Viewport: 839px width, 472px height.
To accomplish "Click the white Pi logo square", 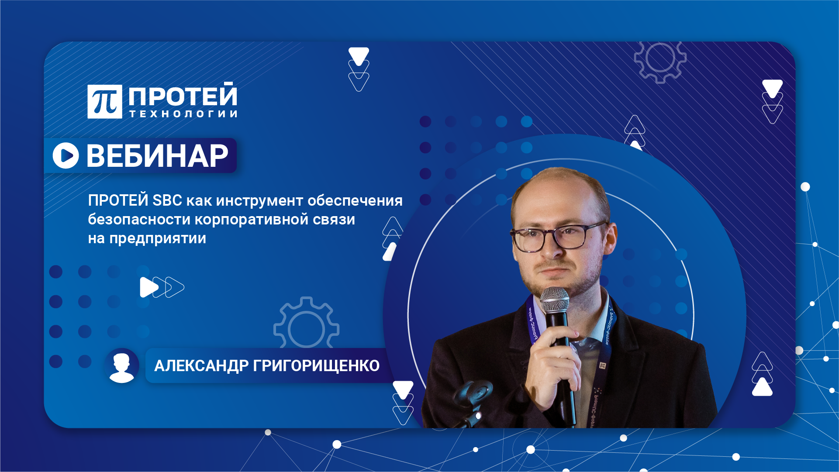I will [104, 101].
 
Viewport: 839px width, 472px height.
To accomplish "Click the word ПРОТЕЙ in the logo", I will [183, 96].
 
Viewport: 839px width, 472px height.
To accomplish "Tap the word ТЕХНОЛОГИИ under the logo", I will [183, 114].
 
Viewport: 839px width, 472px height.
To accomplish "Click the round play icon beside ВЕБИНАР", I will [66, 155].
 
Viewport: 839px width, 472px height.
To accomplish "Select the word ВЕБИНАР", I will [157, 156].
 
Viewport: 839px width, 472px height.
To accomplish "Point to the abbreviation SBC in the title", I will [167, 200].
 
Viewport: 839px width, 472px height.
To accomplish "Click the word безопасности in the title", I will [139, 219].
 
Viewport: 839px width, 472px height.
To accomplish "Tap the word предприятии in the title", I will [157, 238].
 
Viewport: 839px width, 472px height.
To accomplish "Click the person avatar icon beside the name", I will [121, 366].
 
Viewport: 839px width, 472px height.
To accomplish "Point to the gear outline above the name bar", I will [306, 325].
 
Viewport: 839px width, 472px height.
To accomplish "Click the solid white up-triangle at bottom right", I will [762, 388].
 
